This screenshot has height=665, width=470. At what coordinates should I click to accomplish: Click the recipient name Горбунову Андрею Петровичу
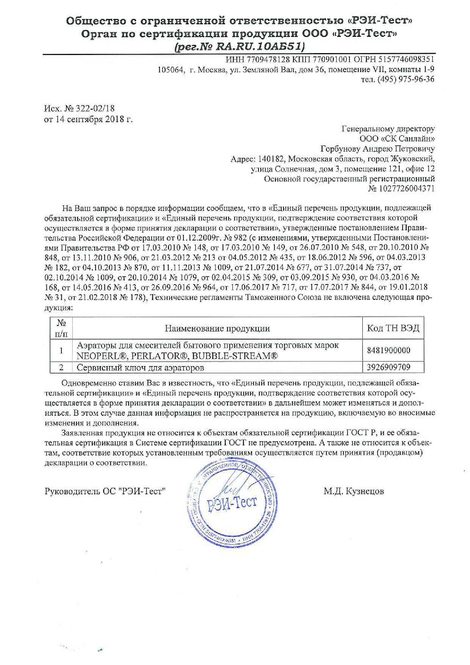pos(378,149)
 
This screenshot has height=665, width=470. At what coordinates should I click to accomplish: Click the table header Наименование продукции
pos(217,329)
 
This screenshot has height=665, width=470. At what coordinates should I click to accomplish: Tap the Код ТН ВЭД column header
pos(393,328)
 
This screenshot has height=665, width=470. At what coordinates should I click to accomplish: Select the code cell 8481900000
pos(389,350)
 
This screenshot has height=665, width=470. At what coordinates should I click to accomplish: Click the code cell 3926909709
pos(389,367)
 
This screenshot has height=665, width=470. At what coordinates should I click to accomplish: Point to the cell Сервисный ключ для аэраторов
pos(140,368)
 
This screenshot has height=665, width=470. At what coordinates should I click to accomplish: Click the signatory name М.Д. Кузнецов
pos(354,491)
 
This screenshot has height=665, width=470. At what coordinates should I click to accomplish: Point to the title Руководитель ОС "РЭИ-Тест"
pos(105,491)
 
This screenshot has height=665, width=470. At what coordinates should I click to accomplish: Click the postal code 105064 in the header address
pos(170,69)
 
